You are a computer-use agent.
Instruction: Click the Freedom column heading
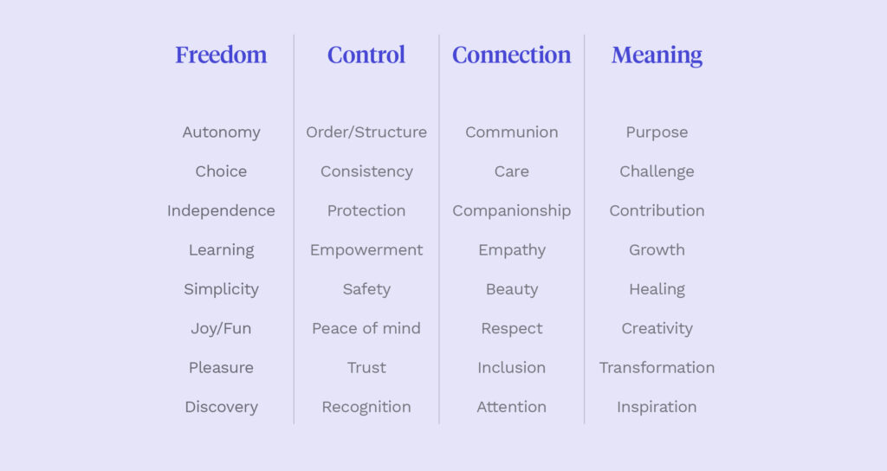[221, 55]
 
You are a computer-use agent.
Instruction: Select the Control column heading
[366, 55]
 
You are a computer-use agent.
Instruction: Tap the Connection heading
[511, 55]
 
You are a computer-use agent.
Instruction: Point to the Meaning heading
[657, 55]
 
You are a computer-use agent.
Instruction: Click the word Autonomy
[221, 132]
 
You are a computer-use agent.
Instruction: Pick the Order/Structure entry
[366, 132]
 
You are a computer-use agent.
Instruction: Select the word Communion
[511, 132]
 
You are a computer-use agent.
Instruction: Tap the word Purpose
[657, 132]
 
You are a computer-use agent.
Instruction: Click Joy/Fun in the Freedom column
[221, 329]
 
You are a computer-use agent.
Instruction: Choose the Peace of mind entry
[366, 329]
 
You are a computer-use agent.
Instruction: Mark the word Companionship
[511, 211]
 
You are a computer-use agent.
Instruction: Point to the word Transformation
[657, 368]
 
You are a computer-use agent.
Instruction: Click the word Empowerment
[366, 250]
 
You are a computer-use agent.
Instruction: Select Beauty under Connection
[511, 289]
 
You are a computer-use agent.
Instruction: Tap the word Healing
[657, 289]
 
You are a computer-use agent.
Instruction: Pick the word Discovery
[221, 407]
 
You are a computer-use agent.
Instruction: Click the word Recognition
[366, 407]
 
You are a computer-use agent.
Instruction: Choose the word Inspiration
[657, 407]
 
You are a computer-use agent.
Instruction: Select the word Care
[511, 171]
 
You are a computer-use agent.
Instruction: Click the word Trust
[366, 368]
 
